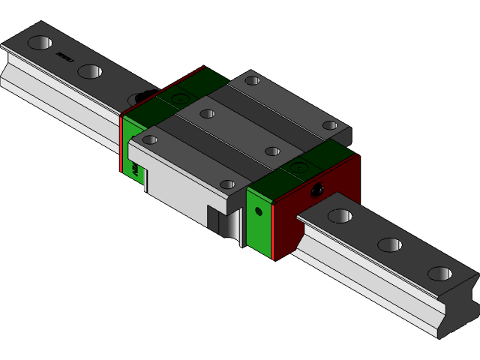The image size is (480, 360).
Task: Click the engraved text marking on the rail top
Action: click(65, 55)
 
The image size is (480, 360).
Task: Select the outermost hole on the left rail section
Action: click(40, 43)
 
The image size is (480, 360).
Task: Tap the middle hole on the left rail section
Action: click(88, 72)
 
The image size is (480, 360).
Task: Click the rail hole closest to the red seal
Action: click(339, 216)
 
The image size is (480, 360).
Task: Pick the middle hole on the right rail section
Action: click(390, 244)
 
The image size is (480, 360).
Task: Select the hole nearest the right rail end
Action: click(439, 274)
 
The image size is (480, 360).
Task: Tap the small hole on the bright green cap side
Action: click(259, 211)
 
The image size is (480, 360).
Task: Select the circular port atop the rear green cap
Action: click(178, 97)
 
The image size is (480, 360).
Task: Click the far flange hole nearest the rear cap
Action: click(253, 80)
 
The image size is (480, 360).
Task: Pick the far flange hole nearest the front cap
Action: click(330, 125)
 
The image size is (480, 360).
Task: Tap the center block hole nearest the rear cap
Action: click(207, 114)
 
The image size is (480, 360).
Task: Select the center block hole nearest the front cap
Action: click(272, 151)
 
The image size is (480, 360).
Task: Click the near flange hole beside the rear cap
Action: click(150, 139)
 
